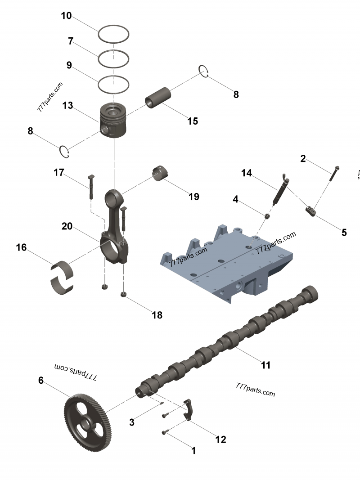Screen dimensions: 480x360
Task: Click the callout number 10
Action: [x=66, y=16]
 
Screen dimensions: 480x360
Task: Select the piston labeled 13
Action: [x=113, y=121]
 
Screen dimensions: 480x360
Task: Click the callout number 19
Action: [x=193, y=197]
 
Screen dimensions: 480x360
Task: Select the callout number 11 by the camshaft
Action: [x=266, y=365]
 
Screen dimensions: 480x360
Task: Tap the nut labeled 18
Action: [x=123, y=295]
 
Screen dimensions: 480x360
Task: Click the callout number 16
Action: [x=21, y=247]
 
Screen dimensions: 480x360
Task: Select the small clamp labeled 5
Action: [x=311, y=210]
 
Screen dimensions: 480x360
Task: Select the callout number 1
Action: [x=193, y=450]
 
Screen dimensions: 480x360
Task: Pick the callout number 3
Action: [x=131, y=422]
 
